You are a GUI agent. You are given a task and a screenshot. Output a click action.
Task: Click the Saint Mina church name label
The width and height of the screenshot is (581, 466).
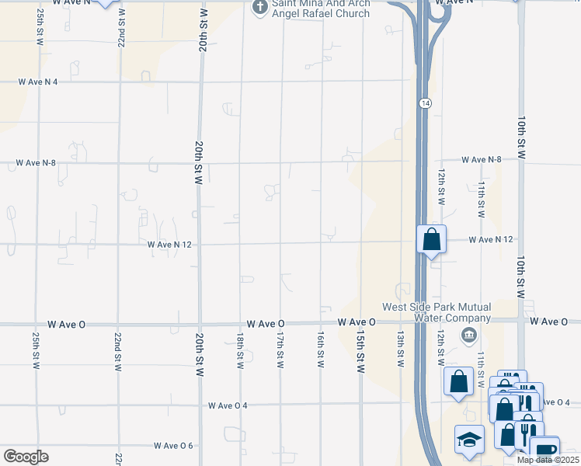320,9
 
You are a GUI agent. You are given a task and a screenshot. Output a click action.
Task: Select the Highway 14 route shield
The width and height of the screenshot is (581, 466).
425,103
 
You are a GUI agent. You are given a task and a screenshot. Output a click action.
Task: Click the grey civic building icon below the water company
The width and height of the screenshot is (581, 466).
468,335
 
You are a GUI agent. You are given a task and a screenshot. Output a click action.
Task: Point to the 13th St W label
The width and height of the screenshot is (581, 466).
401,349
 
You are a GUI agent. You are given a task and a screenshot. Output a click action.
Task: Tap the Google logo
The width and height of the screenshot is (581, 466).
26,457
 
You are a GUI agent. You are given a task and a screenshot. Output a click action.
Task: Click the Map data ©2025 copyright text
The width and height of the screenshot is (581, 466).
548,460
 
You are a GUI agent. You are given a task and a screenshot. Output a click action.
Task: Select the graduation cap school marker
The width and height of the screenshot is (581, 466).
469,440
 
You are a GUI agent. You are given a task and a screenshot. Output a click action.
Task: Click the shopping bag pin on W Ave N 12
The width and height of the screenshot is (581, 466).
431,240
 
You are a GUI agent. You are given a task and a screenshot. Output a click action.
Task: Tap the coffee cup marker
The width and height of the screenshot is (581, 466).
544,450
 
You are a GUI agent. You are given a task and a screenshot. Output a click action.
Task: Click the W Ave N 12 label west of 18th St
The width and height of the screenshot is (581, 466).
169,244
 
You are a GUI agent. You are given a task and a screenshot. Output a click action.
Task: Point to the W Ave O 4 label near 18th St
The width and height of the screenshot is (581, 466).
228,405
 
